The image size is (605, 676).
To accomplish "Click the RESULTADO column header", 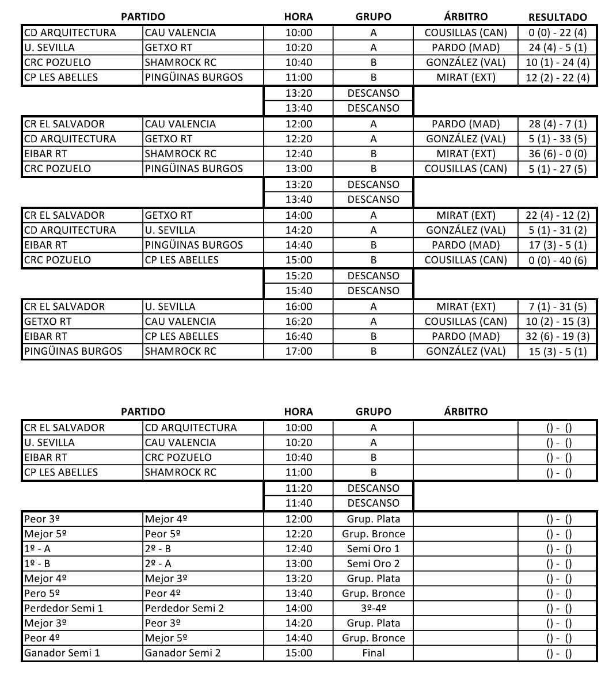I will pos(557,17).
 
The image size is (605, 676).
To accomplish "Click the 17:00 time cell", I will pos(299,351).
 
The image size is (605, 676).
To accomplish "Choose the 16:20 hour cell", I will pos(299,321).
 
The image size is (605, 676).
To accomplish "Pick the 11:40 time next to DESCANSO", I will pos(299,503).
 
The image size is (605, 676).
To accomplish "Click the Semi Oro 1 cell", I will pos(373,548).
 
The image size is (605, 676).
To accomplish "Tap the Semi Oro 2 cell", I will pos(373,563).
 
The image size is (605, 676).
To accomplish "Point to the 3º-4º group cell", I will pos(373,608).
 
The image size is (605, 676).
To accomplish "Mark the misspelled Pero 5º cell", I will pos(44,593).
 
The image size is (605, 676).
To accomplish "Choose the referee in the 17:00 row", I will pos(466,351).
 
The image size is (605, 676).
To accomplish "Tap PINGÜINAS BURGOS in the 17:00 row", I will pos(73,351).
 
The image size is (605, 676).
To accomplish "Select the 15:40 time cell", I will pos(299,291).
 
